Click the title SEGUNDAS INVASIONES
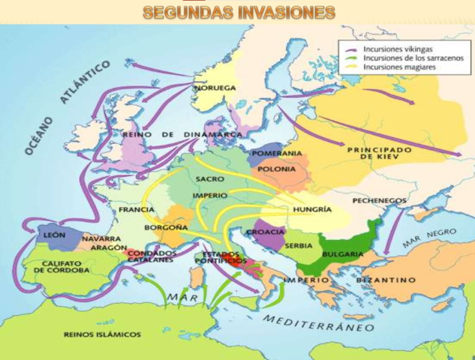click(x=239, y=13)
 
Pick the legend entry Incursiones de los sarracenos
click(x=405, y=57)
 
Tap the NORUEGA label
click(x=215, y=88)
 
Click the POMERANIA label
click(x=277, y=154)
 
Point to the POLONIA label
click(x=277, y=169)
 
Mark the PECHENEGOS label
click(x=378, y=200)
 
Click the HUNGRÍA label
click(x=313, y=209)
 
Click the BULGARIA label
click(x=343, y=254)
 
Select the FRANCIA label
click(x=137, y=210)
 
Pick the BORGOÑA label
click(x=161, y=226)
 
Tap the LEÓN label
click(x=55, y=235)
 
